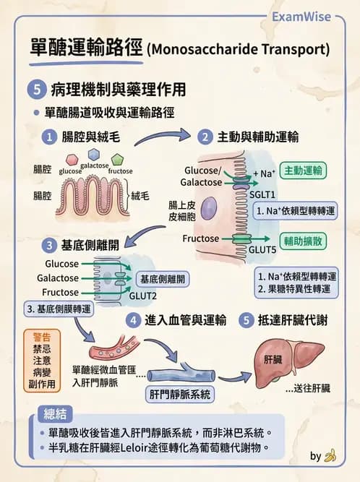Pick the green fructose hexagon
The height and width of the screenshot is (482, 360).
(x=119, y=159)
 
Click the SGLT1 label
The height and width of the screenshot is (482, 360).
(x=262, y=195)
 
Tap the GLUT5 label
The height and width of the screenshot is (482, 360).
(x=262, y=249)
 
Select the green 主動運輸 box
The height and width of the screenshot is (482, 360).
(x=303, y=171)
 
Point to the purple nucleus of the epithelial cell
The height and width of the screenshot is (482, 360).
(x=209, y=210)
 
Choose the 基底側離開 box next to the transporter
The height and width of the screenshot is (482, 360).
(x=162, y=279)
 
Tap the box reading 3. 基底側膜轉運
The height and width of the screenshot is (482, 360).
(x=58, y=309)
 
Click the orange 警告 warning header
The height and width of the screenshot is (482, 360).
(x=42, y=337)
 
